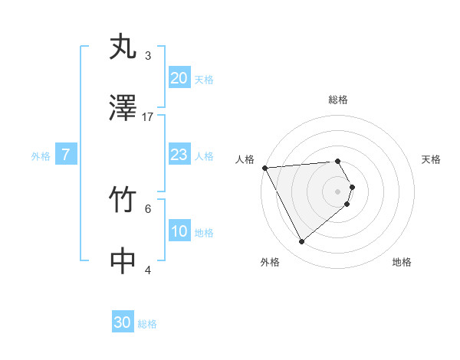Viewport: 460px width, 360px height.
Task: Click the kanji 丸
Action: [x=123, y=47]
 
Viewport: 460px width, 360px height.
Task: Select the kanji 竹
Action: [x=123, y=201]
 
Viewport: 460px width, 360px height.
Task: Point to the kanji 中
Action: [x=123, y=261]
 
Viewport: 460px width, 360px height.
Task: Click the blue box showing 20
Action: [x=179, y=78]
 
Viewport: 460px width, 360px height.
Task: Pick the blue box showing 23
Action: [x=179, y=155]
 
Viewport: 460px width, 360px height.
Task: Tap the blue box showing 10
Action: [x=179, y=231]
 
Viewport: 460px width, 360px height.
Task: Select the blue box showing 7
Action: [x=66, y=155]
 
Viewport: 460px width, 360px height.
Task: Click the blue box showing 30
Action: [x=123, y=322]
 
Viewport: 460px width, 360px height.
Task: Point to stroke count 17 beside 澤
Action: [x=148, y=116]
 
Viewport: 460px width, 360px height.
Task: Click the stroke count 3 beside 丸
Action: [x=148, y=55]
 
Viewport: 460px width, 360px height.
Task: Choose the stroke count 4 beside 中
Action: [x=148, y=270]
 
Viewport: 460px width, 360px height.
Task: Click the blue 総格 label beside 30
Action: [x=148, y=324]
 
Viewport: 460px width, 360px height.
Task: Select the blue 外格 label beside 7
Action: [x=41, y=155]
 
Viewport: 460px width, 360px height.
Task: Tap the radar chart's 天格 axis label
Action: [x=432, y=159]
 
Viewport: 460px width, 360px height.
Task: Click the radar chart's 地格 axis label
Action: [x=402, y=263]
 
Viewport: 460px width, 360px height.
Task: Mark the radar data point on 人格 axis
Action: [x=264, y=168]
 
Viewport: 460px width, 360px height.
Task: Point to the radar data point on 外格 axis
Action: [x=301, y=242]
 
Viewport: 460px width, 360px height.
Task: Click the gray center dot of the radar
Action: [x=338, y=191]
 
